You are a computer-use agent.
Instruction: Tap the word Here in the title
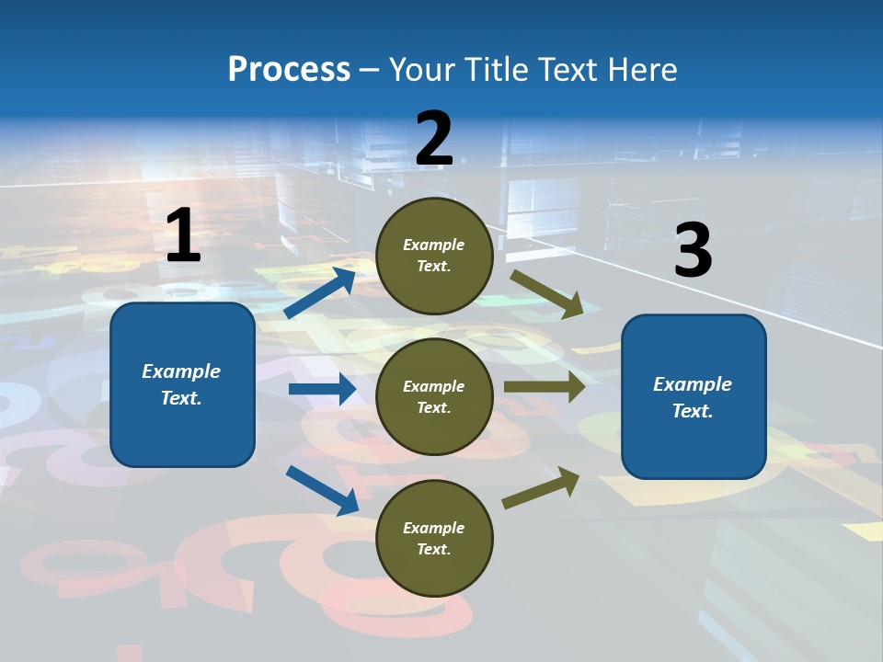[x=643, y=69]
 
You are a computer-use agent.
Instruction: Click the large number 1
[x=184, y=234]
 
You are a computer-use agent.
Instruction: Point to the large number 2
[x=434, y=138]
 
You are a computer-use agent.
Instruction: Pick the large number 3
[x=694, y=249]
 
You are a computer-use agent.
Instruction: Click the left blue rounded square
[x=182, y=384]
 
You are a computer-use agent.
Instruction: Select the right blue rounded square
[x=694, y=397]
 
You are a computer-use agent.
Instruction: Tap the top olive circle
[x=434, y=256]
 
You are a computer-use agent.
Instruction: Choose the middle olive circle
[x=434, y=397]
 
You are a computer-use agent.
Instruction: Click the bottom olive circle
[x=434, y=538]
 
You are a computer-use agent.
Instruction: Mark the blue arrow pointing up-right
[x=320, y=292]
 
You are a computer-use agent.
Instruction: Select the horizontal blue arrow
[x=323, y=389]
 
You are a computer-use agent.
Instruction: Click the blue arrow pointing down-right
[x=322, y=491]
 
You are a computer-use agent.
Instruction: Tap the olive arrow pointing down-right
[x=546, y=294]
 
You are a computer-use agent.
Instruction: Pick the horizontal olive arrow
[x=545, y=386]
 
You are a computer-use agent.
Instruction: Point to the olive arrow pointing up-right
[x=541, y=488]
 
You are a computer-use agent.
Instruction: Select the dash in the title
[x=370, y=72]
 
